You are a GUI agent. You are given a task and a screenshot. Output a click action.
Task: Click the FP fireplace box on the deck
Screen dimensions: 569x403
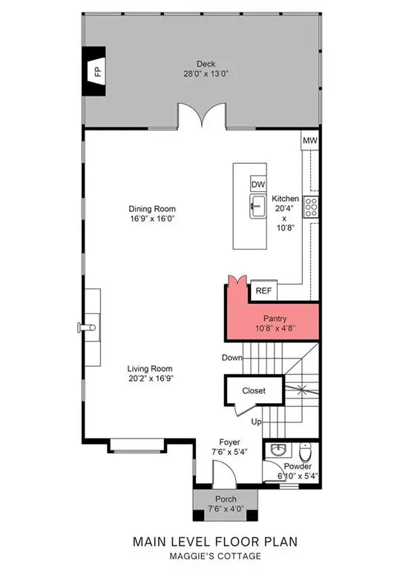(x=96, y=71)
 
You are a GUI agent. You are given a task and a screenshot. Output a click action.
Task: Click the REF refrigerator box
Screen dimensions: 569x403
(x=263, y=291)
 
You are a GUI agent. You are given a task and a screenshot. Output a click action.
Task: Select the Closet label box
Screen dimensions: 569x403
(x=244, y=390)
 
